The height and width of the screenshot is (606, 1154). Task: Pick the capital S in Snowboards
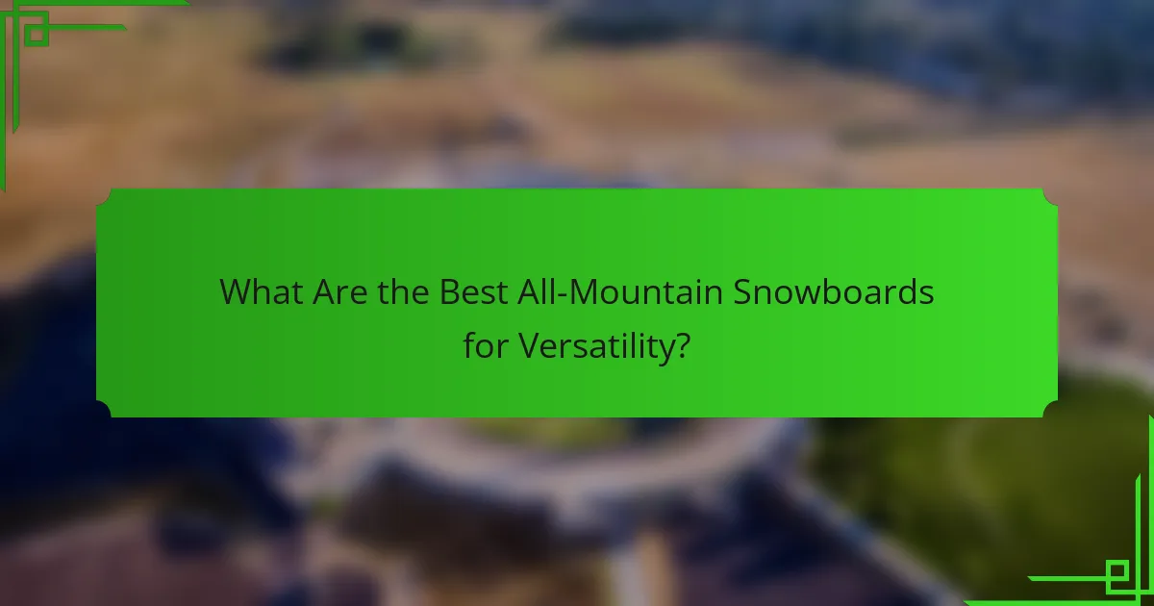pos(745,292)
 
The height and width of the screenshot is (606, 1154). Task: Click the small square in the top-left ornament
pos(36,31)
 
